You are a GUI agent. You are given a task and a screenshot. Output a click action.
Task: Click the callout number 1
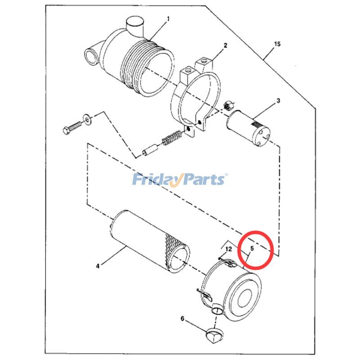[x=168, y=19]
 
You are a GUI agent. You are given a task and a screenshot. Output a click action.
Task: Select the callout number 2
[x=225, y=45]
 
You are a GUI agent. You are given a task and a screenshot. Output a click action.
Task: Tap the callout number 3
[x=278, y=100]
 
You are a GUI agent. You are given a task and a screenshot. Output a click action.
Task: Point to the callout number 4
[x=98, y=266]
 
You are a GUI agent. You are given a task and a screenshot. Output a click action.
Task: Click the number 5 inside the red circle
[x=252, y=248]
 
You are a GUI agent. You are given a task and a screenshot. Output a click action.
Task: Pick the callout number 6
[x=182, y=319]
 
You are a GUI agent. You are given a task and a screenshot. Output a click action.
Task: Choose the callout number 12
[x=229, y=249]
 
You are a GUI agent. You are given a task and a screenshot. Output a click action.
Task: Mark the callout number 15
[x=277, y=44]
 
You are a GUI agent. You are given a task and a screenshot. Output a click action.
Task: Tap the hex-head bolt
[x=72, y=127]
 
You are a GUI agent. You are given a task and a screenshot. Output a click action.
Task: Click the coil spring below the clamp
[x=172, y=138]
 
